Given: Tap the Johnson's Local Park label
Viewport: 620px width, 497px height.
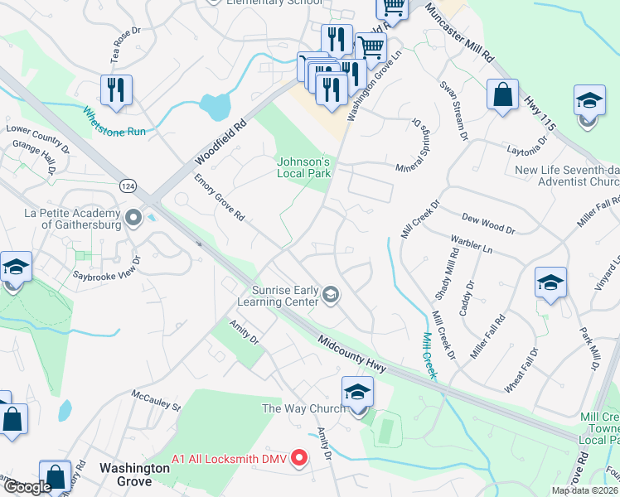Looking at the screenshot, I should [x=303, y=167].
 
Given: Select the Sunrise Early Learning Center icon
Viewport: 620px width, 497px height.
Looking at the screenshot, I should [x=331, y=295].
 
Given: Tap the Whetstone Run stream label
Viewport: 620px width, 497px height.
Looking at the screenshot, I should [x=114, y=122].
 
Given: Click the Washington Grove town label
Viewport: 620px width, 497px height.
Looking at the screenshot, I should [x=134, y=468].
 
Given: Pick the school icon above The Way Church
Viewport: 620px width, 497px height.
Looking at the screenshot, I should [x=357, y=391].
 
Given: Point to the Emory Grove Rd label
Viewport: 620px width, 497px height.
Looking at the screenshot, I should [x=219, y=198].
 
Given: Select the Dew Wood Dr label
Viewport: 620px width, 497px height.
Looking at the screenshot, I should [x=488, y=224].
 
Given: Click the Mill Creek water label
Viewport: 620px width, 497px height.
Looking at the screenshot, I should [x=429, y=355].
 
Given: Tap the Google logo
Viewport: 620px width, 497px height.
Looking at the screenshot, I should [x=27, y=486].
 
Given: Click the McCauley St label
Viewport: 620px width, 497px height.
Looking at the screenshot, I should [x=156, y=400].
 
